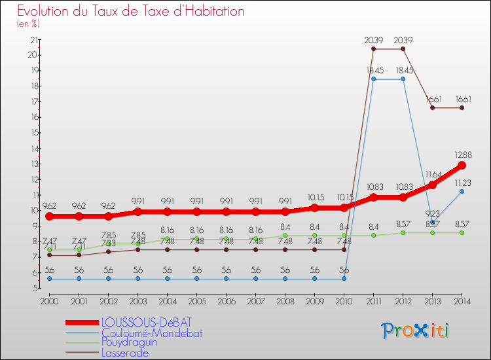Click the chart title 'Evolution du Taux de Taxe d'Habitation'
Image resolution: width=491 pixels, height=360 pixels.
point(131,11)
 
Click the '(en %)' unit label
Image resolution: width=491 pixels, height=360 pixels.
point(28,24)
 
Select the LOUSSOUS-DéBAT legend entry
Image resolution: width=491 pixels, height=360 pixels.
point(147,322)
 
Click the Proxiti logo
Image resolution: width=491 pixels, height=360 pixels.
point(416,330)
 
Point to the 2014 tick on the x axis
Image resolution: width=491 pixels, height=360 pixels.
point(462,302)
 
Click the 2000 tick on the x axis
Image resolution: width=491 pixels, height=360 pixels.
point(49,302)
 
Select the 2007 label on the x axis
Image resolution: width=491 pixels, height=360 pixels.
point(255,302)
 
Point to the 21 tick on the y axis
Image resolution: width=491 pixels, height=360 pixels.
point(33,40)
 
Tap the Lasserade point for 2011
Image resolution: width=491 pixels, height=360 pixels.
point(373,48)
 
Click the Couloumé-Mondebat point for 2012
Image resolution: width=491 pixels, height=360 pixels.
point(403,79)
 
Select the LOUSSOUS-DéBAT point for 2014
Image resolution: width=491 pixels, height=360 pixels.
point(462,165)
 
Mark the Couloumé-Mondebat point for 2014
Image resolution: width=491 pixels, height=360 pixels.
point(462,191)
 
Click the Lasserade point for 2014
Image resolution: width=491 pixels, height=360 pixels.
point(462,107)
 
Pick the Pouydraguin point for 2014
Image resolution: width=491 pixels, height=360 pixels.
point(462,232)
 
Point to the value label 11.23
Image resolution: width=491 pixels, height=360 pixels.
point(463,183)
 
